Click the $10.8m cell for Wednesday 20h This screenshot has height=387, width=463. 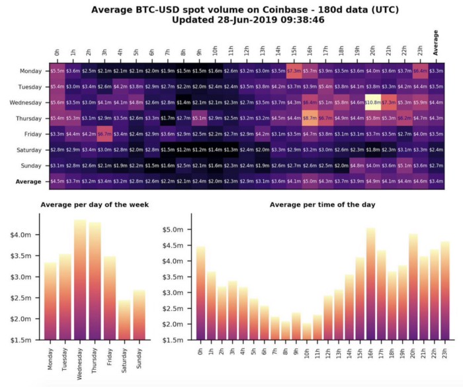(x=372, y=103)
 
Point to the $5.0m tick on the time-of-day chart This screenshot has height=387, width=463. (x=173, y=230)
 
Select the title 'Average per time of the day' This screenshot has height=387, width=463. (x=322, y=204)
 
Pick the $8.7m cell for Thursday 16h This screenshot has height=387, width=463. (x=310, y=118)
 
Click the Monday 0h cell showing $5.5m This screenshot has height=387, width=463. (x=58, y=71)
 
